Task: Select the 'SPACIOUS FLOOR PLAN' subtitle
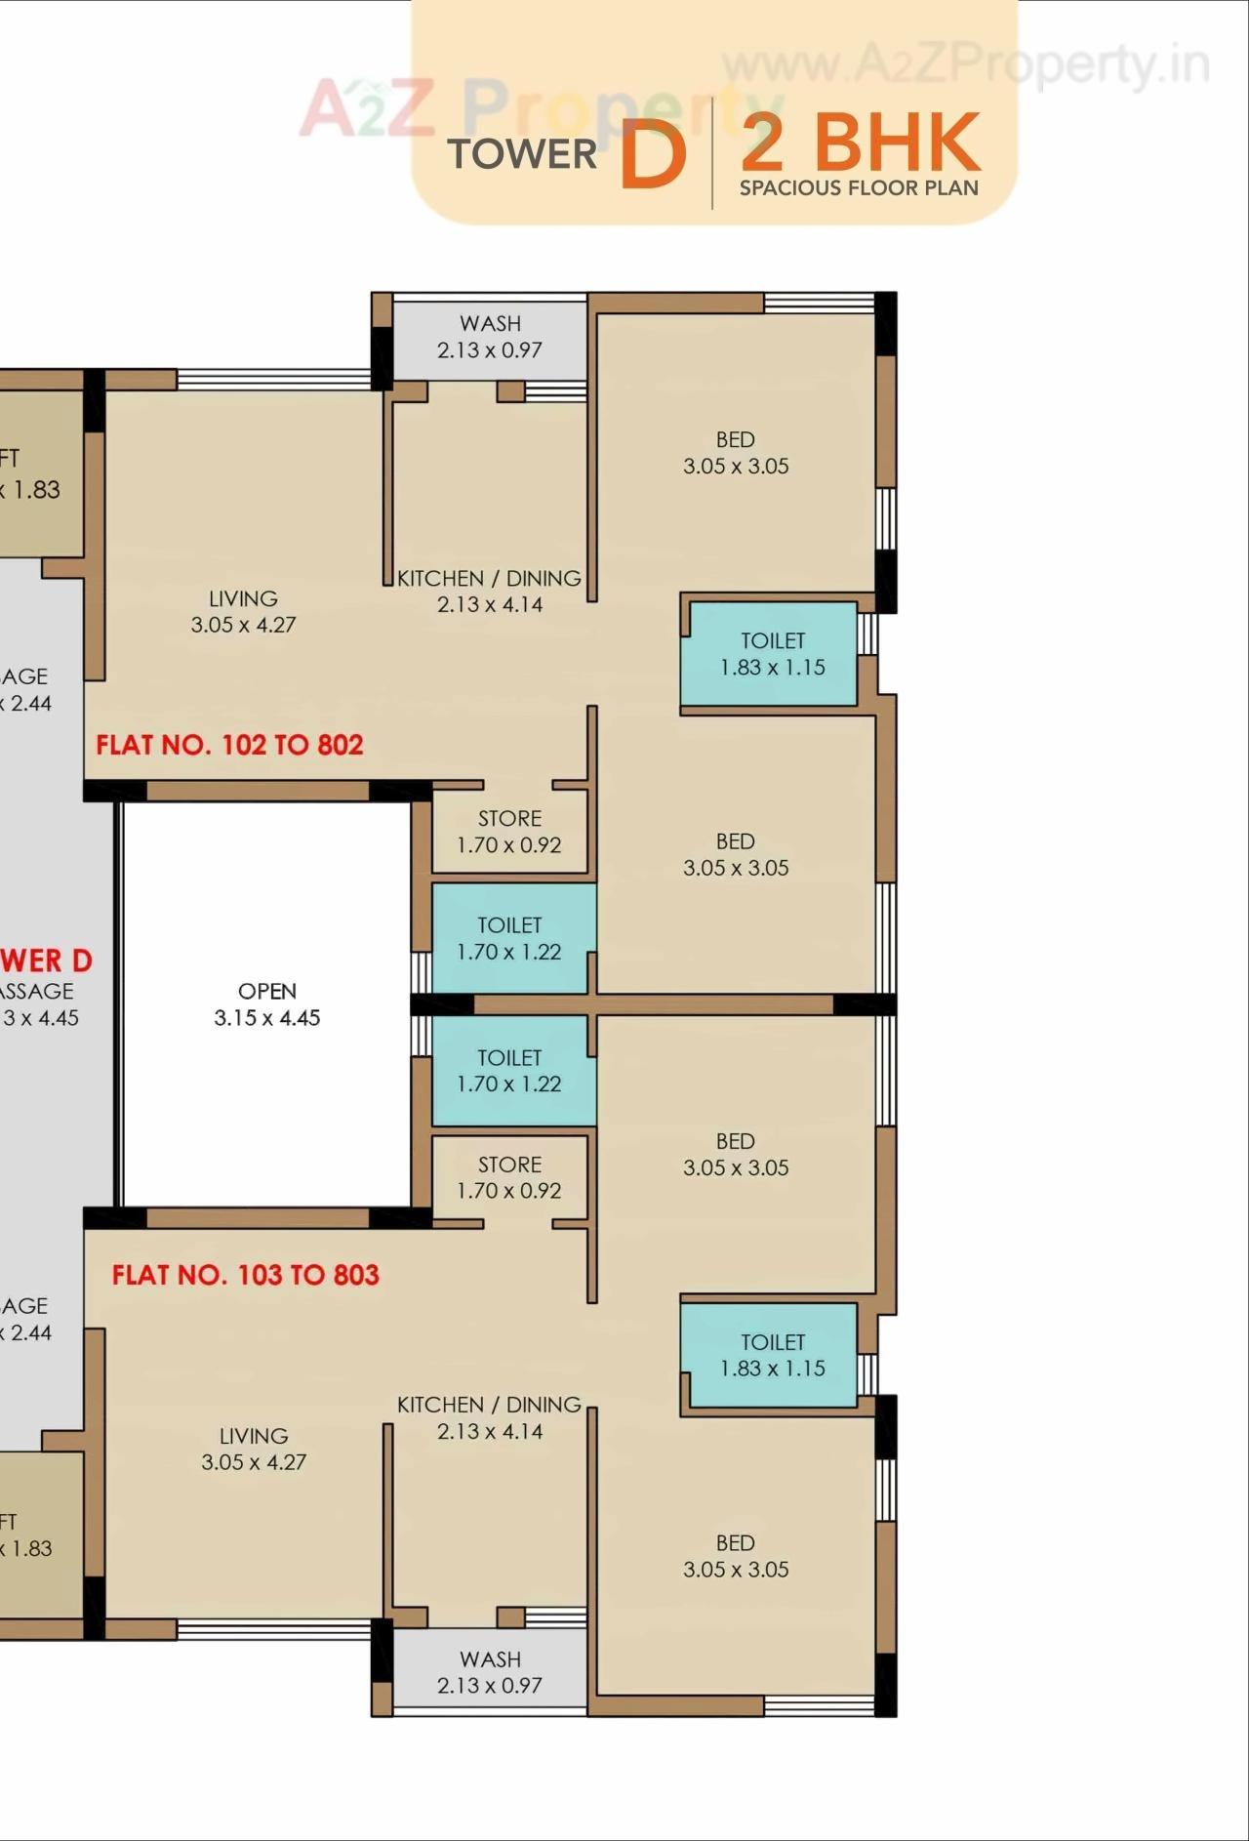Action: (859, 188)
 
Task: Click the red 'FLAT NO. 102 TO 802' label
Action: (229, 746)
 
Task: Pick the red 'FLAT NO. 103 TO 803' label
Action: (245, 1276)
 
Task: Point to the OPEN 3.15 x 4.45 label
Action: (267, 1004)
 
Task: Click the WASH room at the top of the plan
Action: (490, 338)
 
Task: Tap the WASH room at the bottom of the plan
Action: (490, 1672)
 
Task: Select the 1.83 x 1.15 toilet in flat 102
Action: (771, 654)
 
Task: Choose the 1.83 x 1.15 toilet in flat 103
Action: (771, 1355)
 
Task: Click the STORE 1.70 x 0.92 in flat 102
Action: (509, 832)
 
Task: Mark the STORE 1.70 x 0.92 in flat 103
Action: (509, 1177)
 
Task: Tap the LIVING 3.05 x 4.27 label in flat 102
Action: (243, 612)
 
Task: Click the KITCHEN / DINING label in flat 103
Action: (489, 1417)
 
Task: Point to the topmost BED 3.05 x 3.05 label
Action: (736, 453)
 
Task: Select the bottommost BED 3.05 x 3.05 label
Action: (736, 1556)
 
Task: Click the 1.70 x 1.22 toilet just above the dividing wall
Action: (509, 938)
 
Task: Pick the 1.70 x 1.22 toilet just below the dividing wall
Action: (509, 1071)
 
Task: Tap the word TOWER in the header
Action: (522, 154)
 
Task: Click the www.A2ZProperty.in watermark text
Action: (966, 66)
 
